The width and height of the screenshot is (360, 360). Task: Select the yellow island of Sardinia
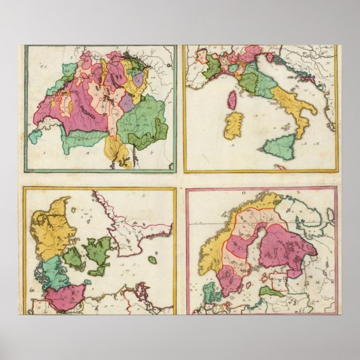point(233,126)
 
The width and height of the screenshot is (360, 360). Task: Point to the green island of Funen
point(73,258)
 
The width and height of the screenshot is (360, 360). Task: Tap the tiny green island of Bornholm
point(152,259)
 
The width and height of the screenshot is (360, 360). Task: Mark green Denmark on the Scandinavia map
point(211,294)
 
